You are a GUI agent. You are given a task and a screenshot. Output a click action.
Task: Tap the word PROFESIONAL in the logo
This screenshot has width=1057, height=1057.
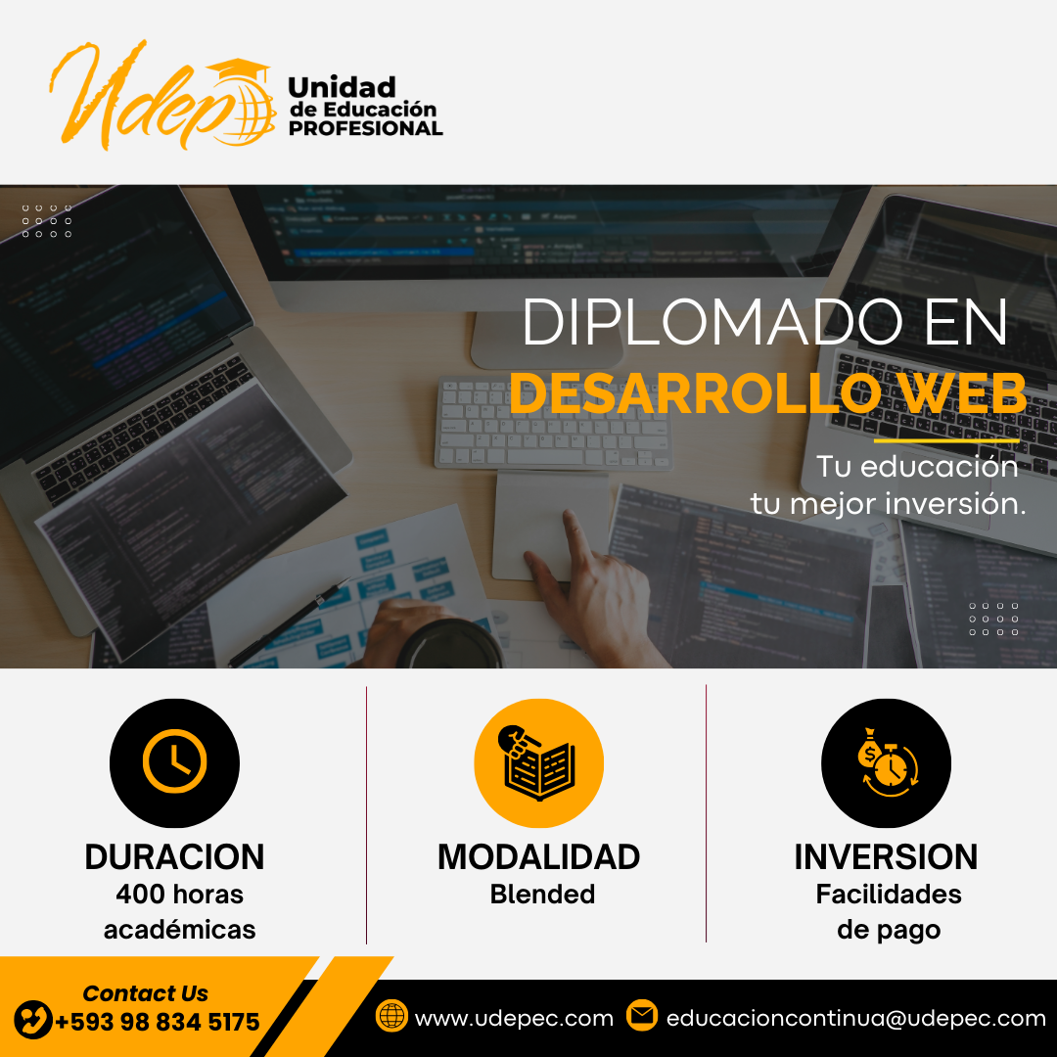pos(365,128)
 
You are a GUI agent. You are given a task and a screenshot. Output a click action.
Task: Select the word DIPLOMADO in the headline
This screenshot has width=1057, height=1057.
pos(712,322)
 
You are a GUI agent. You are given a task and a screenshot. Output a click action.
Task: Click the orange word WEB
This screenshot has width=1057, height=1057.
pos(964,393)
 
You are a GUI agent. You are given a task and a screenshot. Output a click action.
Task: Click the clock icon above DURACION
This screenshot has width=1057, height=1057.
pos(174,761)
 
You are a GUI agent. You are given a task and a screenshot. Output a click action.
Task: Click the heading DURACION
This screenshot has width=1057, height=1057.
pos(174,856)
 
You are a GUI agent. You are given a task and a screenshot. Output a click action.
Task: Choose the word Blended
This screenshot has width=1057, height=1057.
pos(542,894)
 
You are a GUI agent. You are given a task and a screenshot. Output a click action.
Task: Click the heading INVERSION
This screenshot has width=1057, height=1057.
pos(886,856)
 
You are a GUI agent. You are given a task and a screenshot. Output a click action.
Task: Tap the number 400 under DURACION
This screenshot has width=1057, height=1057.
pos(140,894)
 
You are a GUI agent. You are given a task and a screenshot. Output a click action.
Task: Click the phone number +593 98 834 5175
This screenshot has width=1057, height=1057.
pos(157,1022)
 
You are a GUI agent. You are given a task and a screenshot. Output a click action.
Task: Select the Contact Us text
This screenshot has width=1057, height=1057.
pos(145,993)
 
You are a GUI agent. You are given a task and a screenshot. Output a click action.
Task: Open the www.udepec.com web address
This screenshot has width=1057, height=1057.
pos(514,1018)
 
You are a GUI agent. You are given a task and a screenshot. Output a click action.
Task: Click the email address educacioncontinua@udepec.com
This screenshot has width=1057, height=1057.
pos(856,1018)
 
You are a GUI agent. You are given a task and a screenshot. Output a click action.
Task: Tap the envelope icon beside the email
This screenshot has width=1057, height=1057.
pos(642,1015)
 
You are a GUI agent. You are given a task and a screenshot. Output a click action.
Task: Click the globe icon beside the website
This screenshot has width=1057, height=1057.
pos(391,1015)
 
